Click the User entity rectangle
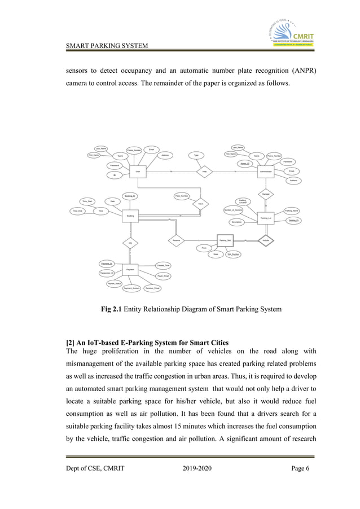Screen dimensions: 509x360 coord(138,171)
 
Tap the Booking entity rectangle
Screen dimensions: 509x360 coord(130,215)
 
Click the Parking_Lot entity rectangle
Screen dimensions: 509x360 coord(265,217)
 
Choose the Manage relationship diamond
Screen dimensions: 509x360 coord(265,194)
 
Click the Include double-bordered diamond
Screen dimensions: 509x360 coord(265,240)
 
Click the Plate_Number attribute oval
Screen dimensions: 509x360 coord(181,196)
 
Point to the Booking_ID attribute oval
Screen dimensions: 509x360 coord(130,195)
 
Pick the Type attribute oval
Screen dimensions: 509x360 coord(196,155)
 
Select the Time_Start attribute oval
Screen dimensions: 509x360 coord(87,201)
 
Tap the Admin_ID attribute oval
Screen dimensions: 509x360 coord(244,164)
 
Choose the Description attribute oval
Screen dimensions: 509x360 coord(236,222)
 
